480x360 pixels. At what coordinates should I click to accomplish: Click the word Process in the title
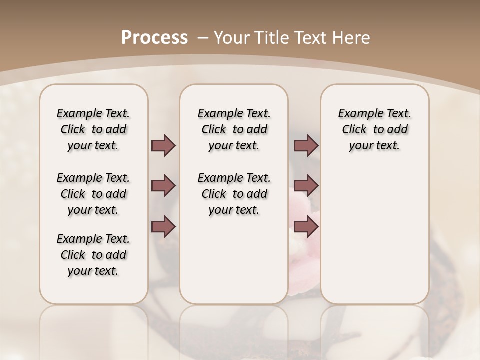[154, 38]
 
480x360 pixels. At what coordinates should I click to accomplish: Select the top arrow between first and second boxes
[163, 145]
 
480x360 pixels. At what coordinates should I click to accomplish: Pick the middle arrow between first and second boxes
[163, 186]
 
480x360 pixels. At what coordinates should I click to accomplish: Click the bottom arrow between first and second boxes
[163, 227]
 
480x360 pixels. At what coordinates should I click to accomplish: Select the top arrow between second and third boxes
[306, 145]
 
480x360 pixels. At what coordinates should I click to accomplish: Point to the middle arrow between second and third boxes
[306, 186]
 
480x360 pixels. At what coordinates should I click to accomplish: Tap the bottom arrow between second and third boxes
[306, 227]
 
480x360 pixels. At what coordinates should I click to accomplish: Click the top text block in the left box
[93, 129]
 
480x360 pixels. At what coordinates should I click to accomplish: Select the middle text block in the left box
[93, 194]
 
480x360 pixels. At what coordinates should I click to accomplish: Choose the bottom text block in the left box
[93, 255]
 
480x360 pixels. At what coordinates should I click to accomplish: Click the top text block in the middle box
[234, 129]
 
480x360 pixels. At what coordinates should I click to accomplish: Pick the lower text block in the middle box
[234, 194]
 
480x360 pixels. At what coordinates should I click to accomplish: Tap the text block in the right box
[374, 129]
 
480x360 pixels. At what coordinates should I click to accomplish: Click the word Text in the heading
[312, 38]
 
